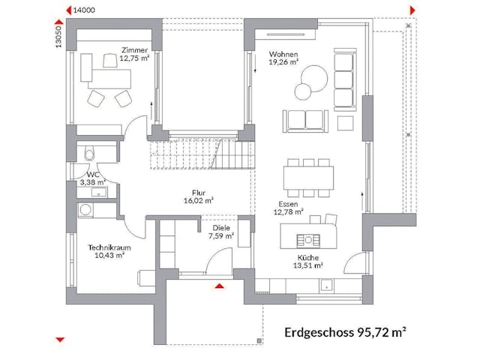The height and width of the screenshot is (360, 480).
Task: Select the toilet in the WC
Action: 89,154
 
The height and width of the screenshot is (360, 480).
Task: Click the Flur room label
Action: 199,192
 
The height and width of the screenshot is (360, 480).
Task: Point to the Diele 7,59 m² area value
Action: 220,236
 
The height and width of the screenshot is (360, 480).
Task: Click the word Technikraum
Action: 105,247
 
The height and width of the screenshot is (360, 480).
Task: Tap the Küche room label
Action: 307,256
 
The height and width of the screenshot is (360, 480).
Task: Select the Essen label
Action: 289,203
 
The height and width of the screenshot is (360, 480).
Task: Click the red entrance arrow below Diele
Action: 219,285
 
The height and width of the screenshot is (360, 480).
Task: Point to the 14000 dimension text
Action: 84,10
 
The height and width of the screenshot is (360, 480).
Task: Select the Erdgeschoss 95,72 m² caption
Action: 345,331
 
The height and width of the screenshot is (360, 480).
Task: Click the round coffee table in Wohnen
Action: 303,91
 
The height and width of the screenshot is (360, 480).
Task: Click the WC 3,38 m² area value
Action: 94,181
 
